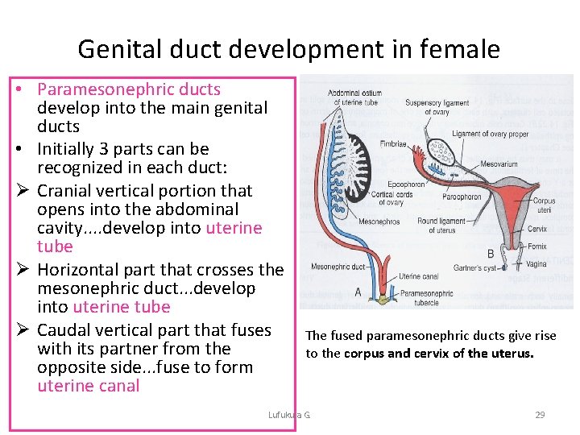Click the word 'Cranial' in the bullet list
[66, 191]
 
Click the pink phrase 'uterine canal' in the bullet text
[89, 386]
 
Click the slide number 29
[540, 415]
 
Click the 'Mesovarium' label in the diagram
[499, 164]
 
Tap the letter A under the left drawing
[358, 292]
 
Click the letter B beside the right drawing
[491, 253]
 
